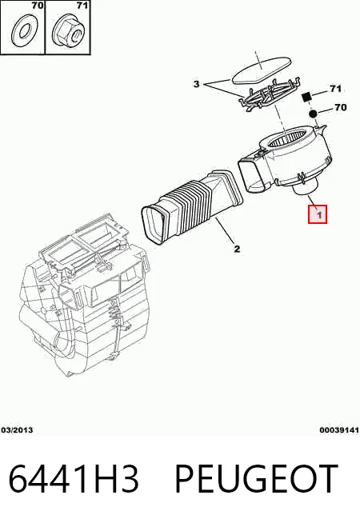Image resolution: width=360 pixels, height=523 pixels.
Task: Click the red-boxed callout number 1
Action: coord(318,214)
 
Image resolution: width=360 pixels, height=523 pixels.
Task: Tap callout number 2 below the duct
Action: coord(237,249)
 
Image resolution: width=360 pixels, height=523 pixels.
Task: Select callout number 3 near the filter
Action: coord(197,84)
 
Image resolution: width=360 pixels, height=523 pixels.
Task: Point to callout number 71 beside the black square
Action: coord(335,89)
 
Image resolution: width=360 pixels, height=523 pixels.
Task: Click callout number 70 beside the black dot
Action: coord(340,107)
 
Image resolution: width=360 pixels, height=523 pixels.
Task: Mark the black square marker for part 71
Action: coord(306,97)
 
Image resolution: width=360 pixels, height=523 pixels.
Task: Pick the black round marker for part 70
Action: coord(313,114)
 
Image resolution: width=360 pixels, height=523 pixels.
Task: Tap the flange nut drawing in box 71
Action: coord(68,32)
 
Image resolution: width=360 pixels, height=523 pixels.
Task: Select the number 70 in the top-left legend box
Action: coord(38,6)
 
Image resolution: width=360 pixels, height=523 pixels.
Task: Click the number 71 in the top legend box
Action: coord(82,6)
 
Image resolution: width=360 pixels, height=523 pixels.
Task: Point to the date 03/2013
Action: coord(18,430)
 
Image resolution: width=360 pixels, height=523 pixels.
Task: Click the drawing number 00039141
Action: coord(339,430)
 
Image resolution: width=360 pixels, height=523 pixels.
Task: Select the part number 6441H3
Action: coord(73,478)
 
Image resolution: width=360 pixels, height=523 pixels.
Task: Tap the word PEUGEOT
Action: coord(256,478)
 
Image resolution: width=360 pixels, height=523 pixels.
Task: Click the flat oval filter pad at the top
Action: coord(262,70)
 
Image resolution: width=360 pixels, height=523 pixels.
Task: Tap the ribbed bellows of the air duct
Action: coord(192,204)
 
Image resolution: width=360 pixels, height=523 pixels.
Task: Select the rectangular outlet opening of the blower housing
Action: coord(254,175)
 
